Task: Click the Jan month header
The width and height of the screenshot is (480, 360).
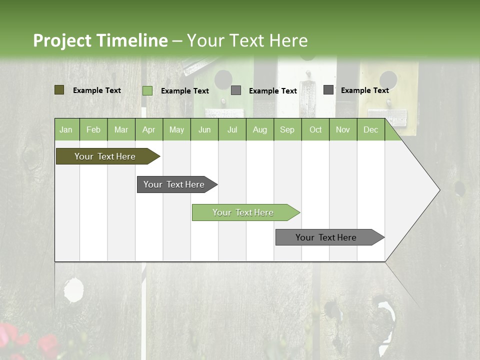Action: tap(66, 130)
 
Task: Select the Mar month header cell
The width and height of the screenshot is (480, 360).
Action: tap(121, 130)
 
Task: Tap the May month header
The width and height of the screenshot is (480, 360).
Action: tap(176, 130)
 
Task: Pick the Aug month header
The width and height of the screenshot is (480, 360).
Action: tap(259, 130)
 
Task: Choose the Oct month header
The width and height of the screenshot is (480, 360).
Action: tap(315, 130)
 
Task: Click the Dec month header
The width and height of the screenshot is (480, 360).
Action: tap(370, 130)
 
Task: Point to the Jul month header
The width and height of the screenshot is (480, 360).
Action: tap(232, 130)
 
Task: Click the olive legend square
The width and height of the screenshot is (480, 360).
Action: tap(59, 90)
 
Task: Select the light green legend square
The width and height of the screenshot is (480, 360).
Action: tap(147, 90)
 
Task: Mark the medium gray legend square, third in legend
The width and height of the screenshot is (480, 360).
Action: tap(236, 90)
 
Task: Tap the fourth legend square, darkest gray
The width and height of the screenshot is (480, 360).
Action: tap(328, 90)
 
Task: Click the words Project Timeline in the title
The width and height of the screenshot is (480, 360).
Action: tap(100, 40)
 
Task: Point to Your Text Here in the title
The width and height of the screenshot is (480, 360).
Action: tap(247, 40)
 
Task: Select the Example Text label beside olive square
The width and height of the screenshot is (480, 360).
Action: tap(97, 90)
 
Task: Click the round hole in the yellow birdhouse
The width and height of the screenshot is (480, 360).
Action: tap(388, 79)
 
